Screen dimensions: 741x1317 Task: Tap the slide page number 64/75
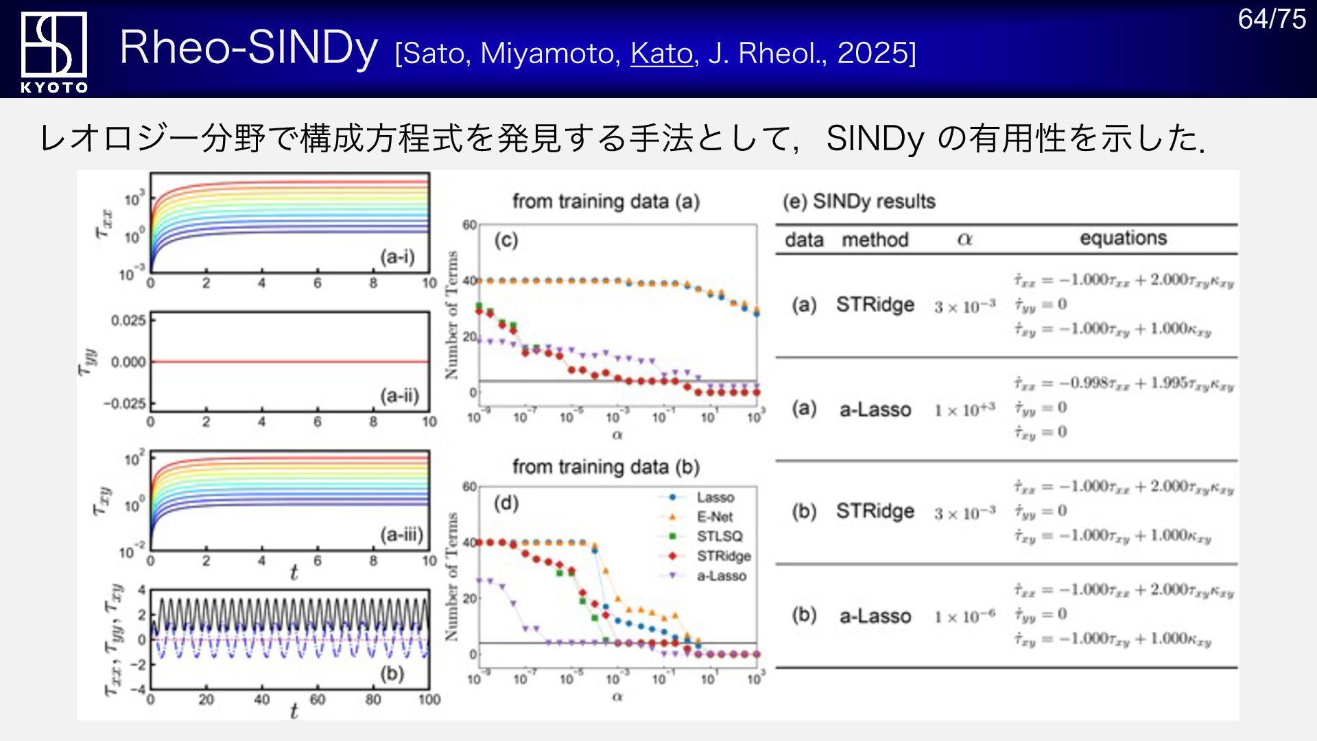tap(1271, 19)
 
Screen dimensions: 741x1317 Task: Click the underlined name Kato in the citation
tap(661, 53)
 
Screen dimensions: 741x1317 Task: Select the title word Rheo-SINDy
tap(248, 47)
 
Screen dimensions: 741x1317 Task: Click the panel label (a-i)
tap(398, 257)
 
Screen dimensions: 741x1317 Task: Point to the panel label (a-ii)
tap(399, 395)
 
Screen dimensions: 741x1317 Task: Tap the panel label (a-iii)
tap(401, 534)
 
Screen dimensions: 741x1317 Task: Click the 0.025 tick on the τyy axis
tap(128, 320)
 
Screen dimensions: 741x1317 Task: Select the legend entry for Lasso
tap(715, 497)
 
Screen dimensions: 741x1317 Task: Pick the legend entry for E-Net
tap(715, 517)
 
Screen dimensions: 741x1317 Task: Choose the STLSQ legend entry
tap(720, 536)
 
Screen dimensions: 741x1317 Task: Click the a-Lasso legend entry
tap(722, 576)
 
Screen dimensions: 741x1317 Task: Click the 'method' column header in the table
tap(875, 239)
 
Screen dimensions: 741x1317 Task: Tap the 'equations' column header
tap(1123, 238)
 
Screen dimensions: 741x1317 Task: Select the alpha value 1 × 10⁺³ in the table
tap(964, 410)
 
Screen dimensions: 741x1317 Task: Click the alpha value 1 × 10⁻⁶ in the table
tap(964, 616)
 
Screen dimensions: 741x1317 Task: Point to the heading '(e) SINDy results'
tap(859, 201)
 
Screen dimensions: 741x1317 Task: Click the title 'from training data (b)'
tap(606, 467)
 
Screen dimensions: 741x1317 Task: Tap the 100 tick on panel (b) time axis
tap(429, 700)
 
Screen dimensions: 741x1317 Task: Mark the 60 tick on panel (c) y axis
tap(469, 225)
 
